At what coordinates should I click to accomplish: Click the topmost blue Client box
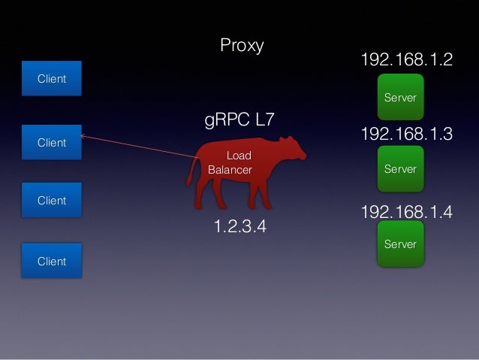pos(52,79)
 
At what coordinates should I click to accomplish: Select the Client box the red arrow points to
pos(52,142)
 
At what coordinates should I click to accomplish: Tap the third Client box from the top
pos(52,201)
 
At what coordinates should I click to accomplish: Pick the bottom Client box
pos(52,262)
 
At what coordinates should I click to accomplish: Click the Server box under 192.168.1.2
pos(400,98)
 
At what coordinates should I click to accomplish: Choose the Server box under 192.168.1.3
pos(400,169)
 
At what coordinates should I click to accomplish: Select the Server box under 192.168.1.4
pos(400,244)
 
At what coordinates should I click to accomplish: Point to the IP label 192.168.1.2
pos(407,60)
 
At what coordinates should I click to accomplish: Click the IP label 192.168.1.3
pos(407,135)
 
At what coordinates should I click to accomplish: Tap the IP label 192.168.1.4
pos(407,212)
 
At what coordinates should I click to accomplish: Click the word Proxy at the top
pos(242,46)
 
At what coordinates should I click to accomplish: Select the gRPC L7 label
pos(240,119)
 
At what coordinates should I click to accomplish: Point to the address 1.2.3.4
pos(240,226)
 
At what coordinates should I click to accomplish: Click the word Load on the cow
pos(239,156)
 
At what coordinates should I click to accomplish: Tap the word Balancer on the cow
pos(230,170)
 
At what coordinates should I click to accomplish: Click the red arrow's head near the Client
pos(82,136)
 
